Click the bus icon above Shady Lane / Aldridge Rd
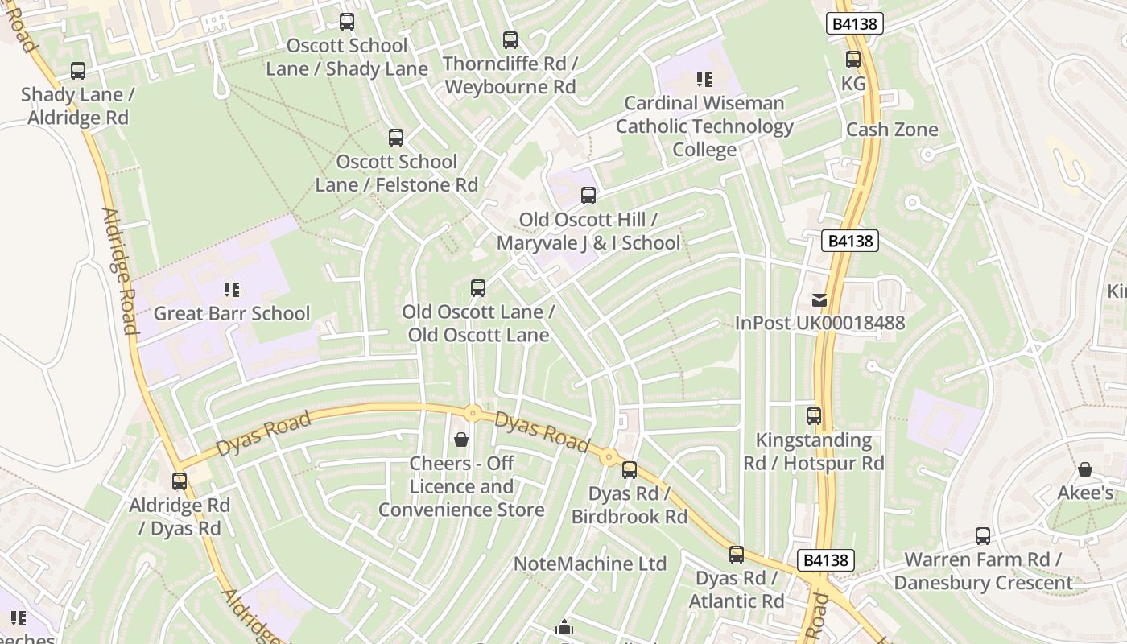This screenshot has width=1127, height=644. tap(78, 71)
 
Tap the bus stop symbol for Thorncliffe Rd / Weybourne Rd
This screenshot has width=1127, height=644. tap(510, 39)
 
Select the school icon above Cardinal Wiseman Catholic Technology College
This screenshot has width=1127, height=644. tap(704, 80)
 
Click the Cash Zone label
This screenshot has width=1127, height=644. tap(892, 130)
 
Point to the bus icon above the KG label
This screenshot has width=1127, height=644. tap(853, 60)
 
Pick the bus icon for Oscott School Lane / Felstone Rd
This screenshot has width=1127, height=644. tap(396, 138)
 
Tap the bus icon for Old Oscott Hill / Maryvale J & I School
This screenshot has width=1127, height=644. tap(588, 196)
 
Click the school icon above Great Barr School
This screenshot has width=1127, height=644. tap(232, 290)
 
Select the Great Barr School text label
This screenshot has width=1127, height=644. tap(232, 313)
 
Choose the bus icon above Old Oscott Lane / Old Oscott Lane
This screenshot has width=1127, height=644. tap(478, 288)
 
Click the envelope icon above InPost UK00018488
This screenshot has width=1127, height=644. tap(819, 300)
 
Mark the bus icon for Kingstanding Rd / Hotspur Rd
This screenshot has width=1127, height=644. tap(814, 416)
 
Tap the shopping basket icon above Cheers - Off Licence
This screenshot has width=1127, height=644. tap(461, 440)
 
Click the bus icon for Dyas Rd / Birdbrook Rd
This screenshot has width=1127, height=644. tap(630, 470)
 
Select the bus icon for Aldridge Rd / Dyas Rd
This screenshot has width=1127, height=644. tap(180, 481)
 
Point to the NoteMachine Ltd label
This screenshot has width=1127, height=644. tap(590, 563)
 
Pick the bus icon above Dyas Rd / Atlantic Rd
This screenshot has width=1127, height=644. tap(737, 555)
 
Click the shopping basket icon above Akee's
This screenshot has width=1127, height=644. tap(1085, 469)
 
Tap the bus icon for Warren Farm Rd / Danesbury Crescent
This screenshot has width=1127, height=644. tap(983, 536)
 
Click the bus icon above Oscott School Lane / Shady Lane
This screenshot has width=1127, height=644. tap(347, 22)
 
